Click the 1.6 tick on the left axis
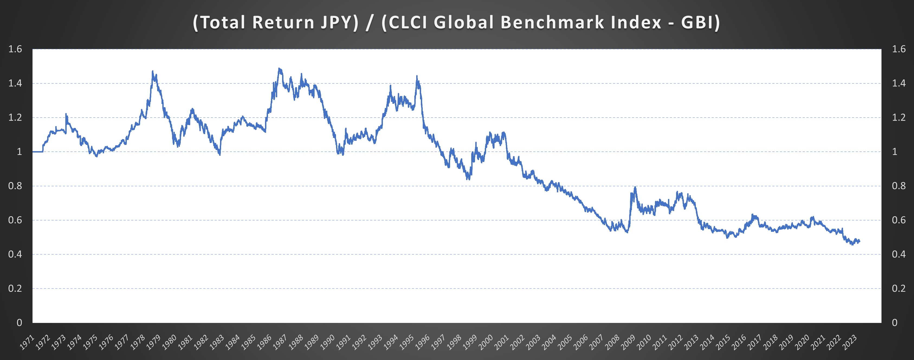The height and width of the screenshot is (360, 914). (15, 49)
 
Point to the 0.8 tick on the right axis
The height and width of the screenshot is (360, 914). (899, 186)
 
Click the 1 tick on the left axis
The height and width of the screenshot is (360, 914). (19, 152)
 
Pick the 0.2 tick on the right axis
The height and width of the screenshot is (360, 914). (899, 288)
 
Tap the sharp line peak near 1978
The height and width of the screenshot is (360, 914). (153, 71)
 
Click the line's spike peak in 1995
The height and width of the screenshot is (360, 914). (417, 76)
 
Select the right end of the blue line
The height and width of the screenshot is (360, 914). (859, 241)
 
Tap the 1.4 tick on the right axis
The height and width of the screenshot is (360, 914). (899, 83)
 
